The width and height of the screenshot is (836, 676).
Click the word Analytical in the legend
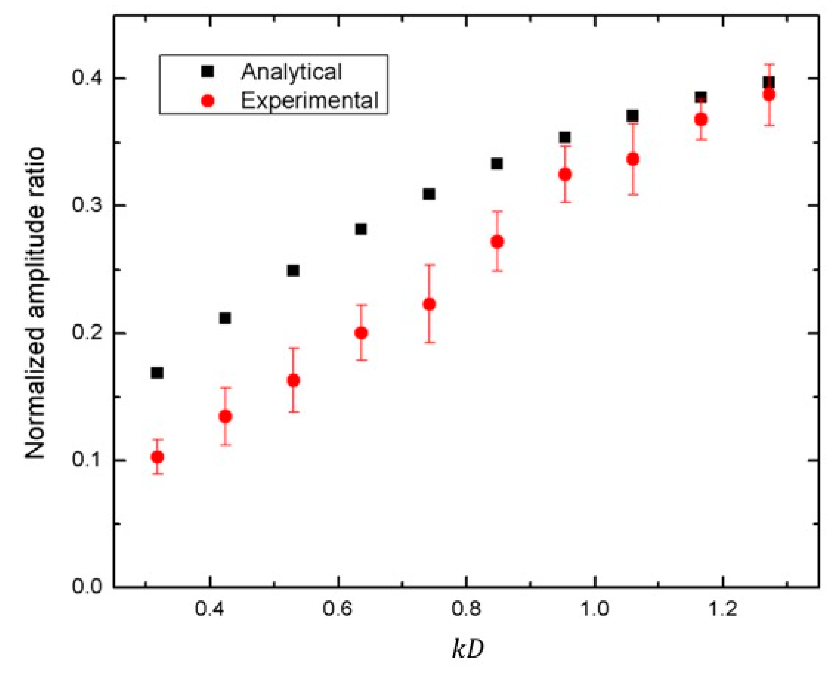click(291, 72)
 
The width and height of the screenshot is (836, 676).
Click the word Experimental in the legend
click(310, 100)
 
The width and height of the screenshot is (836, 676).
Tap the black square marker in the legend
click(208, 71)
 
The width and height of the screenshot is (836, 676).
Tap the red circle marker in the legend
click(208, 101)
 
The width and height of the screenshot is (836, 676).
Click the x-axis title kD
click(467, 649)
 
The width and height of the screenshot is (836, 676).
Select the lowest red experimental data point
click(157, 457)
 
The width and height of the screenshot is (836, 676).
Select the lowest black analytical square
click(157, 373)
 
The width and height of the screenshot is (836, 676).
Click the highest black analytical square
click(768, 82)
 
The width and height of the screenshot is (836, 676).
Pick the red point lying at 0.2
click(361, 333)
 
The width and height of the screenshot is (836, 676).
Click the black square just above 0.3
click(429, 194)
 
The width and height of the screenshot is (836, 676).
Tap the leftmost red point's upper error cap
click(157, 439)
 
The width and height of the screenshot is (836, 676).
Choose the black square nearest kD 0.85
click(497, 163)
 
